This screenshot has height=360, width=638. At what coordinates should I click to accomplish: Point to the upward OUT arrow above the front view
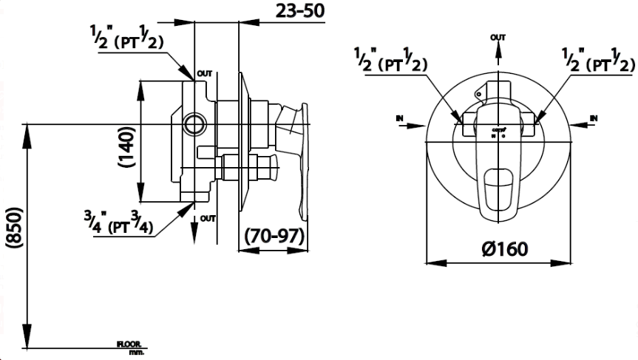[x=499, y=52]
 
